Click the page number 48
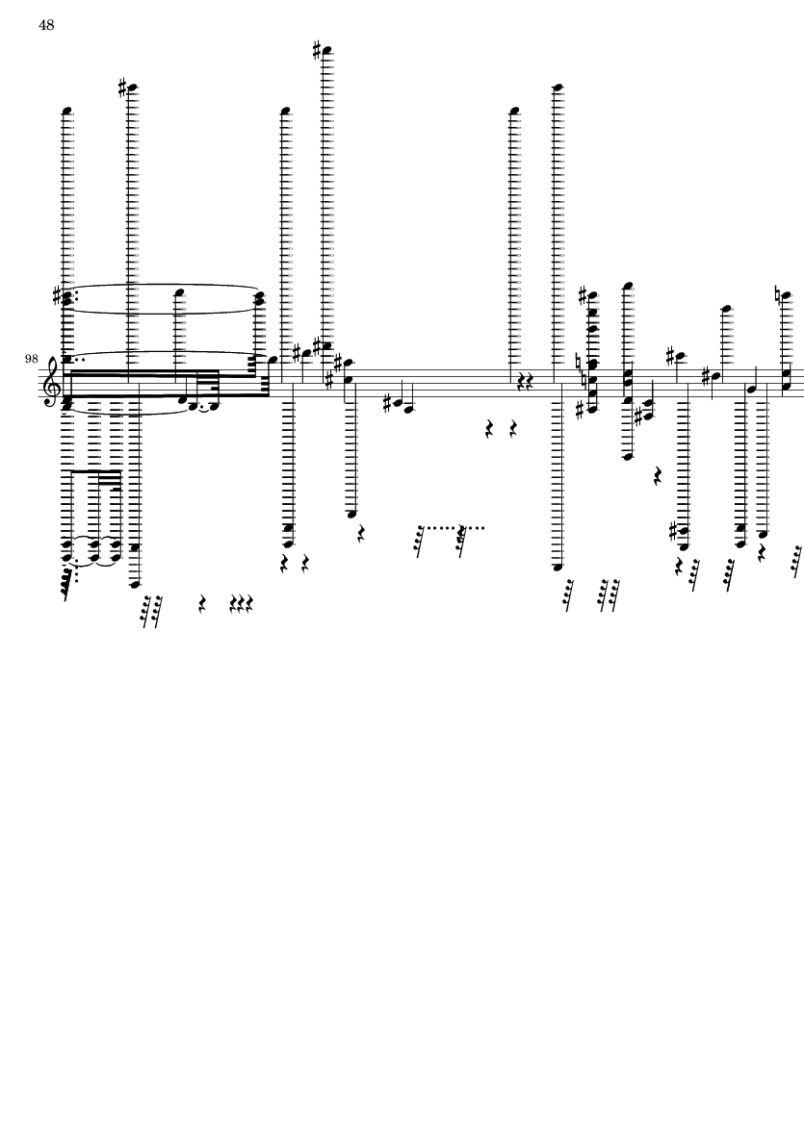(x=46, y=25)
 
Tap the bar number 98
(x=31, y=359)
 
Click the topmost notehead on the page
(x=327, y=50)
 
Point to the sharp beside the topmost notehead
(x=317, y=50)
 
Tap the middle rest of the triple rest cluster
(x=242, y=603)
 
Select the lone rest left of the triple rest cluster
(x=202, y=603)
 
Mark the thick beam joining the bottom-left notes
(x=95, y=472)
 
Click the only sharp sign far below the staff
(x=673, y=531)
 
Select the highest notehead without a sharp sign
(x=558, y=88)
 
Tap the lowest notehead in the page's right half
(x=558, y=568)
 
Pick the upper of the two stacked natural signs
(x=579, y=361)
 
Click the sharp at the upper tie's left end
(x=58, y=294)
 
